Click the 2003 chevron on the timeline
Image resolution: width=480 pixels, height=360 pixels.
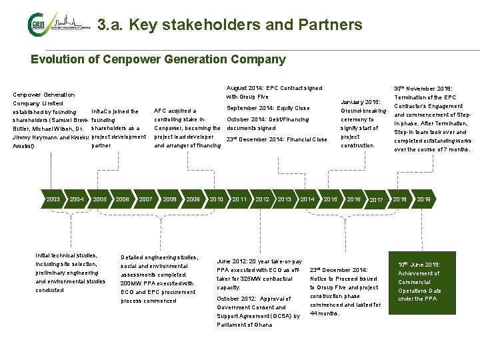53,199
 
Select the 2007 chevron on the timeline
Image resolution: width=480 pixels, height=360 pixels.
145,199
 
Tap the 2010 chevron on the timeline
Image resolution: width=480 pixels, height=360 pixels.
216,199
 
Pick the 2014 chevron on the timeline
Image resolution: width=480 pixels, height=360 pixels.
307,199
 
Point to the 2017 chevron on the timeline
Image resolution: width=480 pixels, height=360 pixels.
376,200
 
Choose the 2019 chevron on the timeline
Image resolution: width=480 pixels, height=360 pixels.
423,199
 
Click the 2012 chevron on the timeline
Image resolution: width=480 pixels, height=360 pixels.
263,199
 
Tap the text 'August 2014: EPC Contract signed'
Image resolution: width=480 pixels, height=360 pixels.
274,88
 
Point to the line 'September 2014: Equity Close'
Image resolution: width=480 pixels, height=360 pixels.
268,108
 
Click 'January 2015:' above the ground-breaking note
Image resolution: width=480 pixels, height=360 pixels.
360,101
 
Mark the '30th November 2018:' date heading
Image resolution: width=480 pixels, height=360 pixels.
423,88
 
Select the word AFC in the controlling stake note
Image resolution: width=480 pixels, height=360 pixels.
161,111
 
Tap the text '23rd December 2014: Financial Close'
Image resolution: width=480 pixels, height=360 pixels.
277,139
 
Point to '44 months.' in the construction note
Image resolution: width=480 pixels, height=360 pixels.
325,313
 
